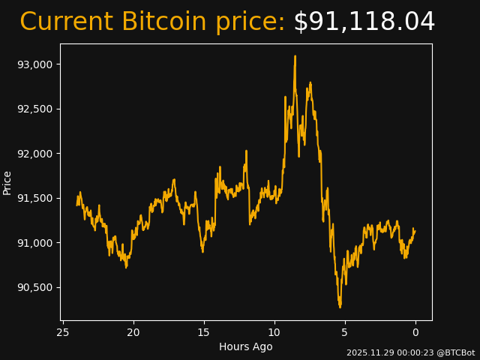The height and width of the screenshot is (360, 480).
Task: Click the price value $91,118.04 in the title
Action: (x=364, y=22)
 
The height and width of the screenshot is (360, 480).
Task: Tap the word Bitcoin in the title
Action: (x=163, y=22)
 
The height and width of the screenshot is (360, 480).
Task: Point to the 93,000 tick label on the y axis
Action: (x=35, y=64)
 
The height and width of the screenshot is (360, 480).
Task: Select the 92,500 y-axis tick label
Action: (x=35, y=109)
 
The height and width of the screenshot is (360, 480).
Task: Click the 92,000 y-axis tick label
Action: (x=35, y=154)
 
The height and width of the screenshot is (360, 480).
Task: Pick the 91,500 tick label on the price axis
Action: (x=35, y=198)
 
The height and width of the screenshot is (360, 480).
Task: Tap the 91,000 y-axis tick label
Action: (x=35, y=243)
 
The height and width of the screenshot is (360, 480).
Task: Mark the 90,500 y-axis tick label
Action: (x=35, y=287)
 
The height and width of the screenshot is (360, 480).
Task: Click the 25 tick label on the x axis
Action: (x=63, y=332)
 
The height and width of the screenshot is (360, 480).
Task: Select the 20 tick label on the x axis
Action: (x=133, y=332)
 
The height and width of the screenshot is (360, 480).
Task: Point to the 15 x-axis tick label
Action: (x=204, y=332)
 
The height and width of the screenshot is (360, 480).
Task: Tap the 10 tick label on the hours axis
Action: (x=274, y=332)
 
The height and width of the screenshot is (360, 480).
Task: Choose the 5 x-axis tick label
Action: (x=345, y=332)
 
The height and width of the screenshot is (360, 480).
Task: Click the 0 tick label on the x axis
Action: (x=415, y=332)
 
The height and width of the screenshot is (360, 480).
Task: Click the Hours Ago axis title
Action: (x=246, y=346)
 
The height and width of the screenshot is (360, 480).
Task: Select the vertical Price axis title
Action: (x=7, y=182)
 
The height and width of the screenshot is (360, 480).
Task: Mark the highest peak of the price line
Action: (x=295, y=56)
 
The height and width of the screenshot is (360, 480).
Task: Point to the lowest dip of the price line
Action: (x=340, y=307)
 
